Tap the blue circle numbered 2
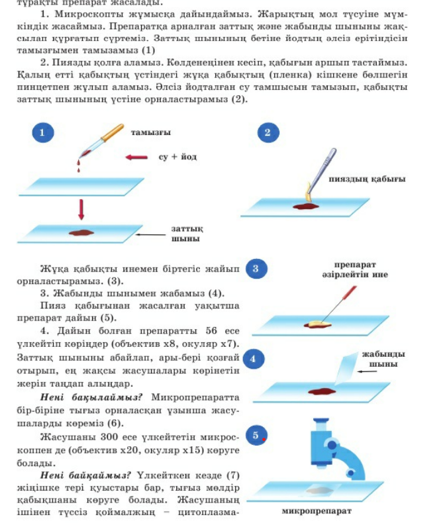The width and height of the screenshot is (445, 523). coord(268,132)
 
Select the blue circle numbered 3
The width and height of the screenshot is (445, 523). coord(256,269)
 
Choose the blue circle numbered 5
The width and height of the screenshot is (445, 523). coord(256,436)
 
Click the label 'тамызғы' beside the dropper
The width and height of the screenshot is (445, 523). coord(151,133)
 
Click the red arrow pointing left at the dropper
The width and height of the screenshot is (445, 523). coord(136,158)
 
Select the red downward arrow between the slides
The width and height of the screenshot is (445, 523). coord(81,210)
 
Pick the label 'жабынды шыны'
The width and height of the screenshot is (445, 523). coord(383,359)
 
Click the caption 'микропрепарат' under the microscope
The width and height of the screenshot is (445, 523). coord(317,511)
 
